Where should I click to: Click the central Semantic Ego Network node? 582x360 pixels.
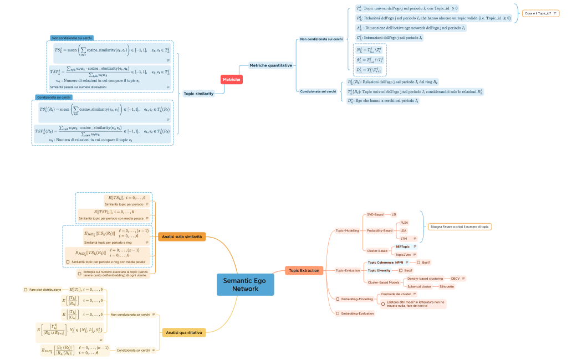(245, 285)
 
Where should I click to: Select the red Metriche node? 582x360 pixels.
(231, 80)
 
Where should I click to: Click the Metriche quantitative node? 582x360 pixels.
(270, 65)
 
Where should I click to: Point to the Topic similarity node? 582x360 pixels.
(199, 94)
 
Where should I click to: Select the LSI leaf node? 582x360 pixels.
(394, 214)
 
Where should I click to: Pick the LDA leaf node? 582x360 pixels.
(403, 230)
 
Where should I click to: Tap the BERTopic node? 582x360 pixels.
(402, 246)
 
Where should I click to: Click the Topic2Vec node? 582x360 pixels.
(403, 254)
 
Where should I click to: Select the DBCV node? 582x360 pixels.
(455, 278)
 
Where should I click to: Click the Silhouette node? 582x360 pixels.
(447, 286)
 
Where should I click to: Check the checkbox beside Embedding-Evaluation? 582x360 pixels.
(338, 313)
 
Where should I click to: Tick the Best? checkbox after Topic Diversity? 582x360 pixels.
(400, 270)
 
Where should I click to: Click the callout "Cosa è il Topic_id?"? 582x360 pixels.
(540, 13)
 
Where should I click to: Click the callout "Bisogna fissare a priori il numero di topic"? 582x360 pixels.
(460, 227)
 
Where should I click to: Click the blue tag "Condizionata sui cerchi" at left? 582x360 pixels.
(54, 97)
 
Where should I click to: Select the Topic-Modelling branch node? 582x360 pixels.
(347, 230)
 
